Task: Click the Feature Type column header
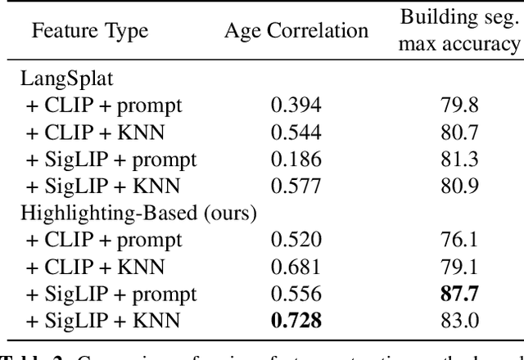90,31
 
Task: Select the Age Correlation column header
296,31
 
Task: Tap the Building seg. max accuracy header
458,31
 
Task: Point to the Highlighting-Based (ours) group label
139,213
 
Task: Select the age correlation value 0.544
296,132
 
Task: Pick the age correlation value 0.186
296,159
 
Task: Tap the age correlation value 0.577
296,186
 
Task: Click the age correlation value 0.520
296,240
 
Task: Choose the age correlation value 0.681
296,267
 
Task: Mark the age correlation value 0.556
296,294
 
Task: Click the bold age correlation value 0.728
296,321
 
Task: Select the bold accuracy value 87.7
458,294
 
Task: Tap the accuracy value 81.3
458,159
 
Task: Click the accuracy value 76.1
458,240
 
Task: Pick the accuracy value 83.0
458,321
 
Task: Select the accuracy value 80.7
458,132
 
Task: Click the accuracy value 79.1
458,267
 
